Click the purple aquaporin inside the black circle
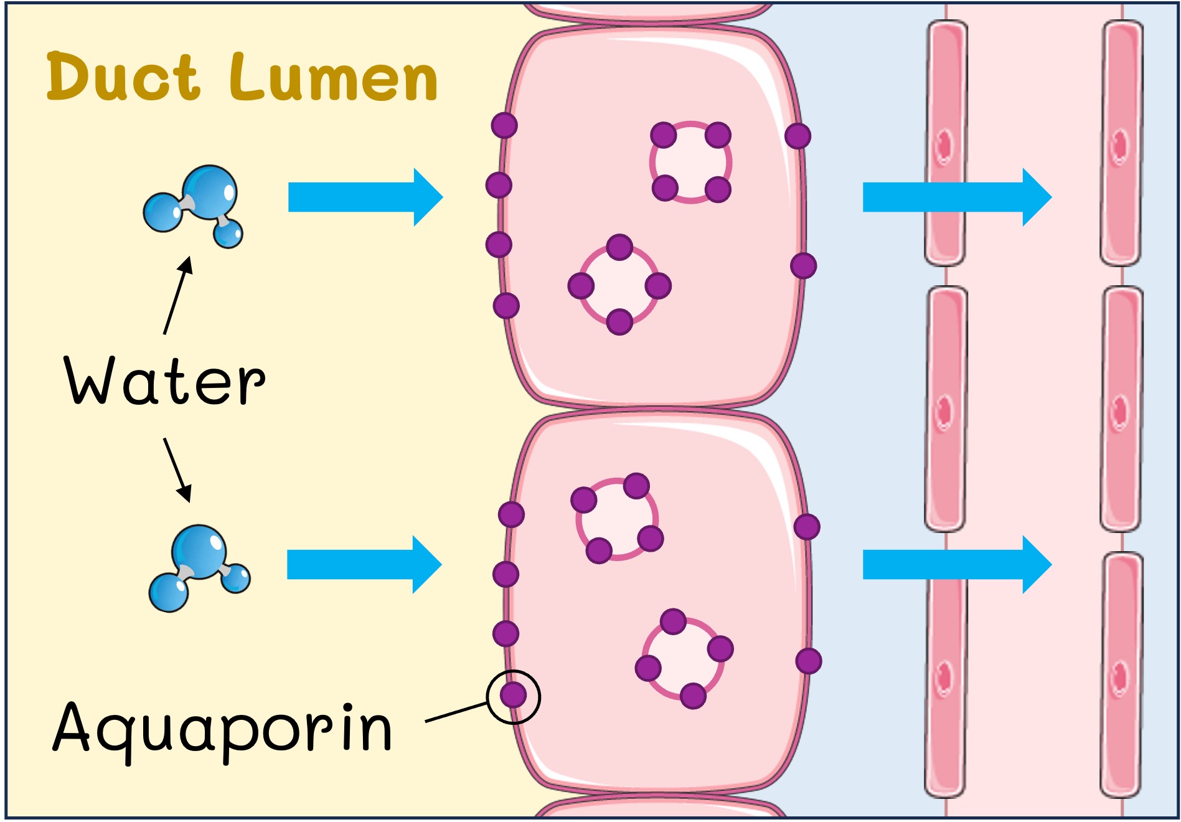coord(514,695)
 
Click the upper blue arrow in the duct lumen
coord(365,197)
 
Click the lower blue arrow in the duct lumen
coord(364,565)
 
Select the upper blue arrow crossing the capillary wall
coord(956,197)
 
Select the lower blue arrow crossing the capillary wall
coord(956,565)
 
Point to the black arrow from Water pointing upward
coord(177,295)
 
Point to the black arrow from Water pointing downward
coord(177,470)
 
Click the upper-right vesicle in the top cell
coord(690,162)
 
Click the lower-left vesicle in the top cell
coord(619,285)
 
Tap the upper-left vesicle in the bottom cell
coord(616,519)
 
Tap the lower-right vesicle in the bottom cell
coord(684,658)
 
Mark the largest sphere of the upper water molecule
coord(210,191)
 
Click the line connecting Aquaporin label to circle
coord(456,713)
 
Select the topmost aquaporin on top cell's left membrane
coord(504,125)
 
